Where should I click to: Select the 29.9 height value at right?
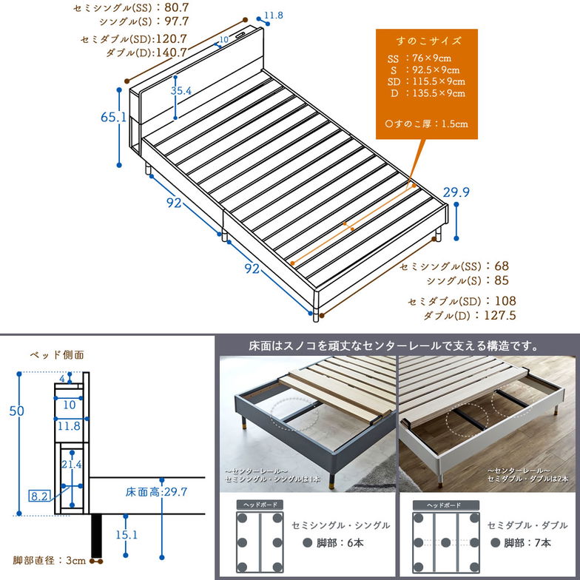(457, 193)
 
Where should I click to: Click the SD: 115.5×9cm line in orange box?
(426, 81)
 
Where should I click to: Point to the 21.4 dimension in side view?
(71, 464)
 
